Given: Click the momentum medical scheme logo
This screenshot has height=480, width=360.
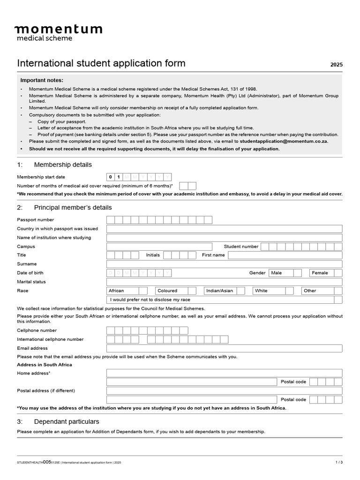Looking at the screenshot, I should (58, 32).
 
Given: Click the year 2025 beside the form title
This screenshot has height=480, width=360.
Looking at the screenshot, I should (336, 65).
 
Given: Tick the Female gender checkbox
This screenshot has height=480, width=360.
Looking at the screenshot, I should (338, 273).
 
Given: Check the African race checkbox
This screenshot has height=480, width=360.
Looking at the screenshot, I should (143, 291).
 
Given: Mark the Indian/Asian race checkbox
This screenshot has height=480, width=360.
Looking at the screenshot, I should (240, 291).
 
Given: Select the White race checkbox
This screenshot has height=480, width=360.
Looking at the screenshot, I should (290, 291).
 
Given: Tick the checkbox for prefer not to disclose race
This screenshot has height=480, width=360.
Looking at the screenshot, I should (338, 300).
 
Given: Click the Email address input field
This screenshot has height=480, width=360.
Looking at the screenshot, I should (224, 348).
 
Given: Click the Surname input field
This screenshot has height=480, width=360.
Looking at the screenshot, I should (224, 264).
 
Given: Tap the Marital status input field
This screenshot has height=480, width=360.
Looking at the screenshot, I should (224, 282).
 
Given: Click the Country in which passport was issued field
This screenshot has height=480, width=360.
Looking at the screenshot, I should (224, 229).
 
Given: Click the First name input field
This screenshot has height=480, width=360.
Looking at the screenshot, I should (285, 255).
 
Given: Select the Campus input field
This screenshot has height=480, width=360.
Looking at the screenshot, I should (159, 247).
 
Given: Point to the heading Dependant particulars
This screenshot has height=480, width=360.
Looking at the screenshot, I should (66, 421).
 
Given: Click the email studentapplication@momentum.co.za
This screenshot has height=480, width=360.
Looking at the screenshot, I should (284, 141).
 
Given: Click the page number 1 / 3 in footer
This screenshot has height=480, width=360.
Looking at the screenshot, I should (339, 462).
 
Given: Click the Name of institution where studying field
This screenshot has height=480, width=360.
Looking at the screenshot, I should (224, 238).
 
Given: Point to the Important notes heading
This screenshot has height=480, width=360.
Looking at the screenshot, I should (42, 80).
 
